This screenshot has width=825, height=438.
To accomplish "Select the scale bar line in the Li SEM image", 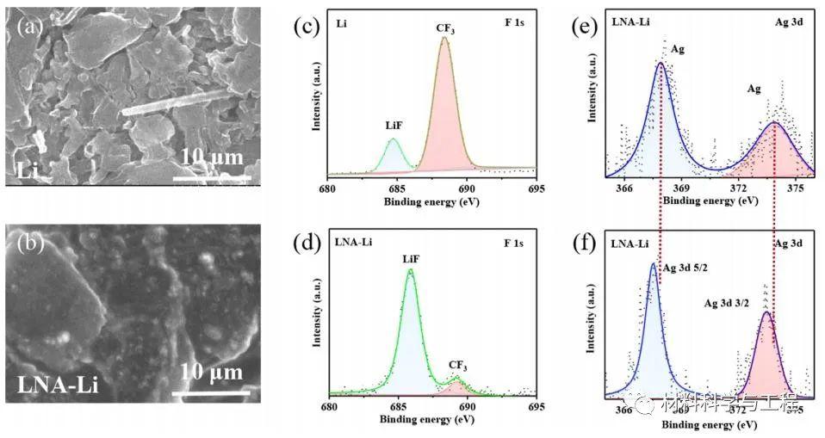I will click(x=212, y=180).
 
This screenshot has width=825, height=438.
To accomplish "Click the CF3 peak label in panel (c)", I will click(x=444, y=28).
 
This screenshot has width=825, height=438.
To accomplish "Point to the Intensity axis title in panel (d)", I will click(x=316, y=320).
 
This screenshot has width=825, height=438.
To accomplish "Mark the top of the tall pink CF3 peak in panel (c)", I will click(x=444, y=39).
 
